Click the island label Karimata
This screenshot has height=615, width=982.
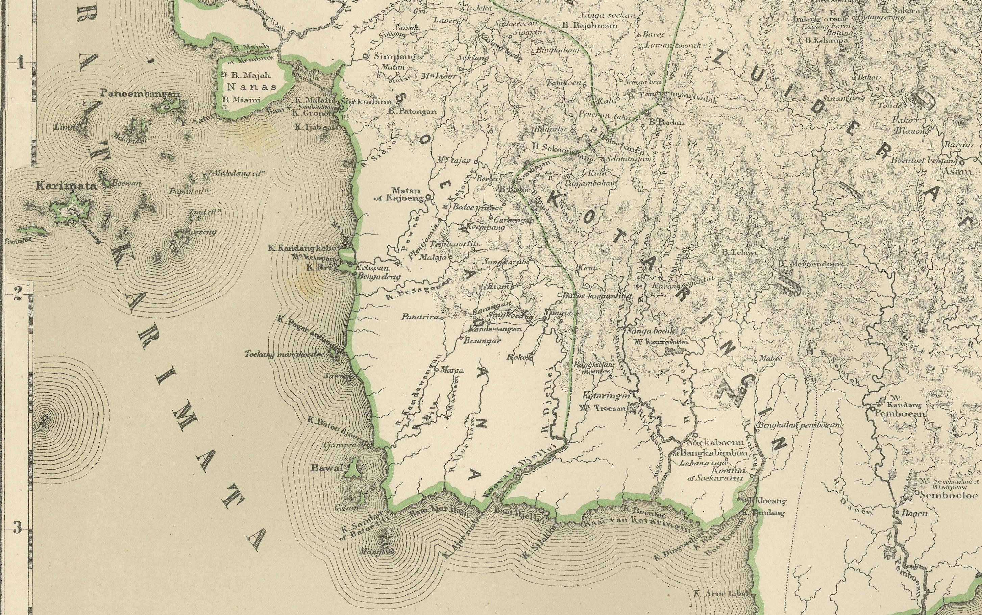[x=66, y=186]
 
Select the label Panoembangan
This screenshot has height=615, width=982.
[x=140, y=94]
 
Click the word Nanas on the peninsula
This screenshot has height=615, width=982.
[x=251, y=87]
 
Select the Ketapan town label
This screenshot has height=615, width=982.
[x=372, y=268]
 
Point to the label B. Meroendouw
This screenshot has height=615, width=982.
[x=811, y=264]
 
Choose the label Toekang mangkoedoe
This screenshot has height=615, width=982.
[x=284, y=354]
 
